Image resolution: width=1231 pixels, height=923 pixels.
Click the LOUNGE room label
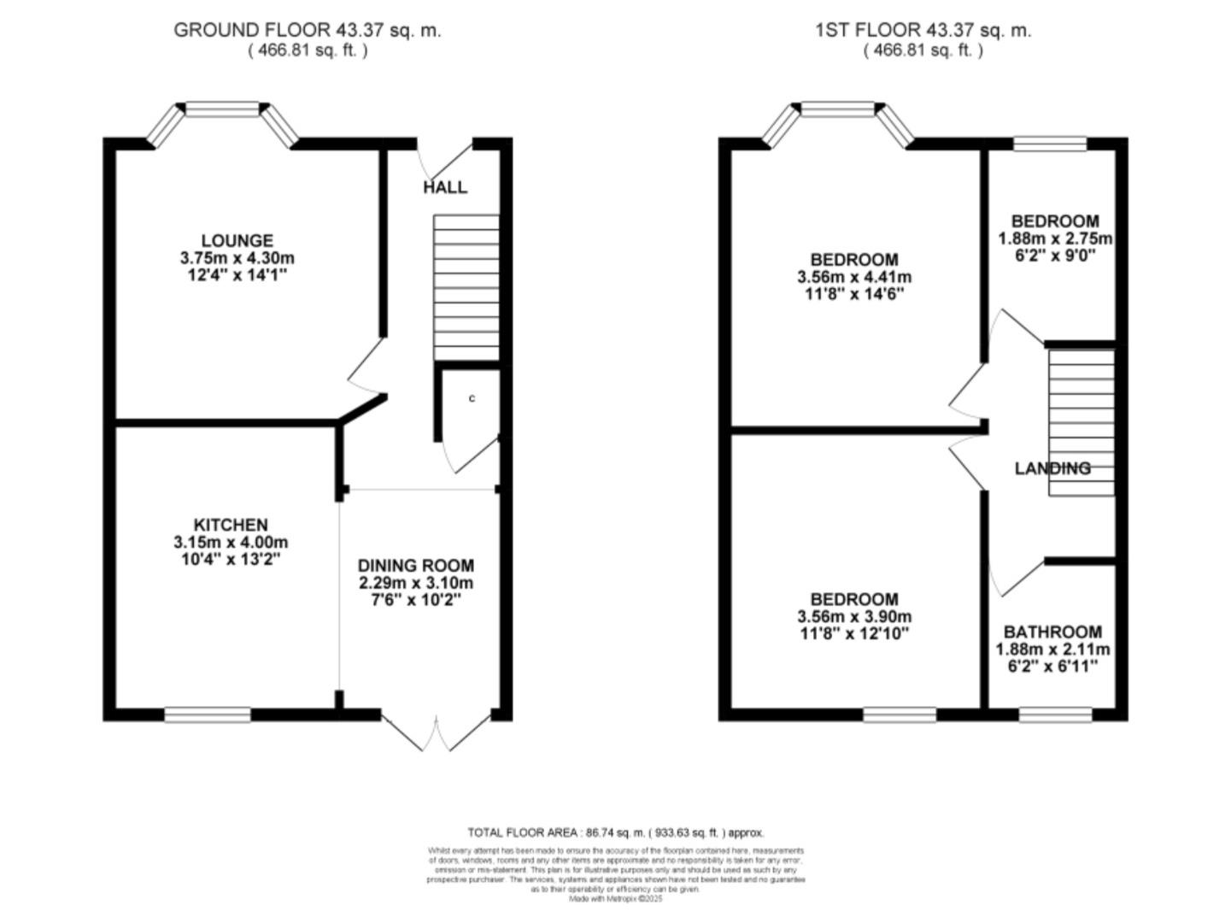coord(237,241)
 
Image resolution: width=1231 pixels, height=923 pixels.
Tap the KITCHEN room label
coord(230,525)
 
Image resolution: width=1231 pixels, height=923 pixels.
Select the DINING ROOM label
coord(415,566)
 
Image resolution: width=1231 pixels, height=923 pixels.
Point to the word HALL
coord(445,187)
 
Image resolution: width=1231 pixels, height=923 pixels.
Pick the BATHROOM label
coord(1052,632)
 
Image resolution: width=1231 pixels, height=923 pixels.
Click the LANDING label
coord(1052,468)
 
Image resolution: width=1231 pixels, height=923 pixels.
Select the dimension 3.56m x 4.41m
coord(854,277)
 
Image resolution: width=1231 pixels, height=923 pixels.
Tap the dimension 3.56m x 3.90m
coord(854,616)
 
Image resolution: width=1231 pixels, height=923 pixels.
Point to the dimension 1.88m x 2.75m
coord(1055,238)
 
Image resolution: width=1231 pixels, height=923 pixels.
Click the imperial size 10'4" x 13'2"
coord(226,560)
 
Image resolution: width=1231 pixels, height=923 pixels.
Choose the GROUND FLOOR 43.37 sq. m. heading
coord(308,30)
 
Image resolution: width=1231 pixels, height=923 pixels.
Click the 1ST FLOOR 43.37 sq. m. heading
coord(923,30)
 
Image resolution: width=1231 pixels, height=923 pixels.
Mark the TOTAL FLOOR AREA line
coord(615,832)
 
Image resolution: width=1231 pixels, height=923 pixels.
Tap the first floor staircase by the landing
coord(1082,422)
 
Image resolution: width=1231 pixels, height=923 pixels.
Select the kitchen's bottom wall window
coord(208,714)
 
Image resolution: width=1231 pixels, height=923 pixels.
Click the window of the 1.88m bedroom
coord(1050,144)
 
